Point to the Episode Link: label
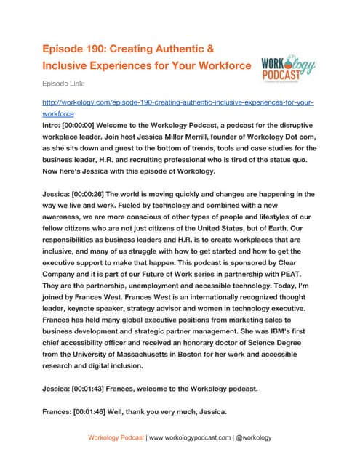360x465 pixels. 67,84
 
